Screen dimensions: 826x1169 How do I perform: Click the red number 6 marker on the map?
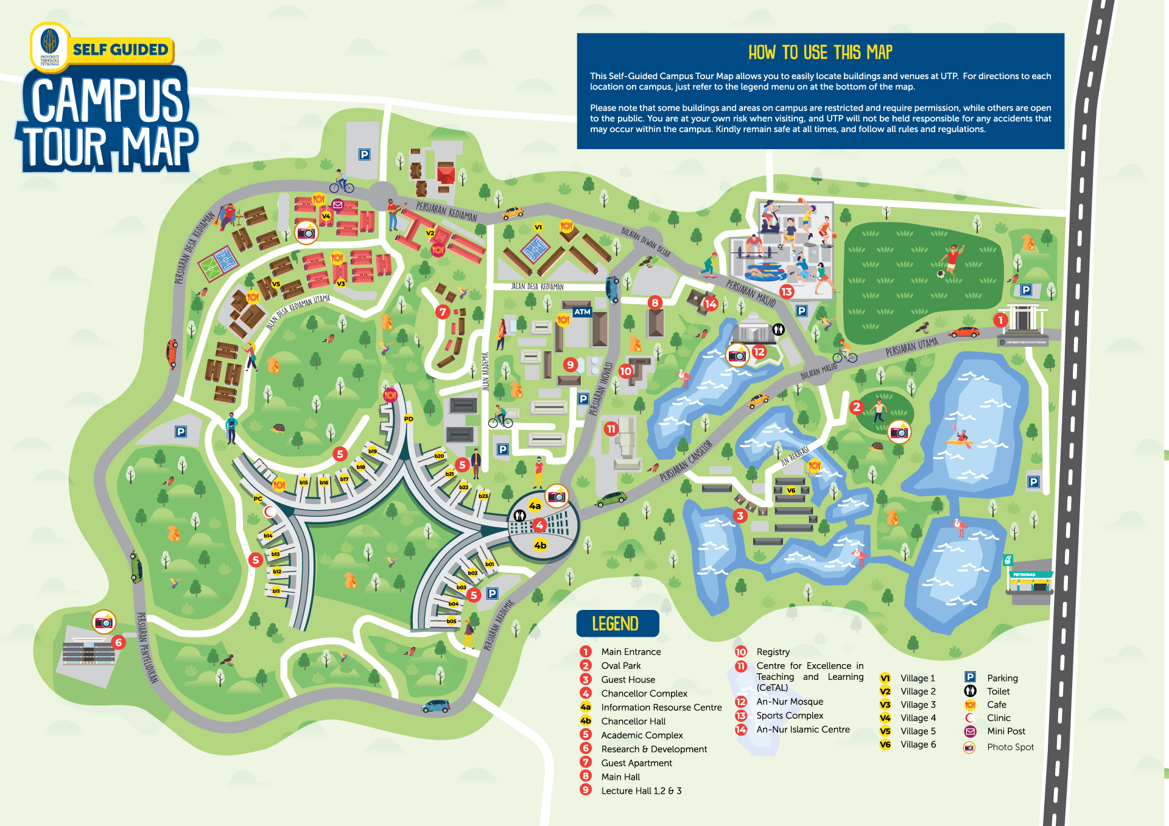(119, 642)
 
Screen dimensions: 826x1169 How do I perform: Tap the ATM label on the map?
(582, 312)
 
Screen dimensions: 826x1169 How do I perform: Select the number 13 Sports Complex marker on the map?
(787, 292)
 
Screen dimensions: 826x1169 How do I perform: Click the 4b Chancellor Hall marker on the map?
(540, 545)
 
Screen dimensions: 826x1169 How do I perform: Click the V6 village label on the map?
(791, 490)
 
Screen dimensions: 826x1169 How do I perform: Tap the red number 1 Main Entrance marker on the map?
(1000, 320)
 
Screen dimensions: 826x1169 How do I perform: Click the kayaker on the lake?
(962, 437)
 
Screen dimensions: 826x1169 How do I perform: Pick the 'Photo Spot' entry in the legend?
(1009, 747)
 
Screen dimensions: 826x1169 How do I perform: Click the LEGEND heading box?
(617, 623)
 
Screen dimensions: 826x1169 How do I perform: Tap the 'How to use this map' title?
(820, 53)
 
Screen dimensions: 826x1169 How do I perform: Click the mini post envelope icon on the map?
(338, 205)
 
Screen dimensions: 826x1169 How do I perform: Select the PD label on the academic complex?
(409, 419)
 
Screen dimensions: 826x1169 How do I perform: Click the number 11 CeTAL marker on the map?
(611, 429)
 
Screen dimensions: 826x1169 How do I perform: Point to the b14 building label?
(268, 536)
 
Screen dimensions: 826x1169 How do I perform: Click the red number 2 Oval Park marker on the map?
(857, 407)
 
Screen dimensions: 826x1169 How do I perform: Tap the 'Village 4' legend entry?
(918, 718)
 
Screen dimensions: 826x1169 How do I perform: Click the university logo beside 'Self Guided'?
(50, 46)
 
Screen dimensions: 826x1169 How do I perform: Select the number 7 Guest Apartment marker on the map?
(443, 312)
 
